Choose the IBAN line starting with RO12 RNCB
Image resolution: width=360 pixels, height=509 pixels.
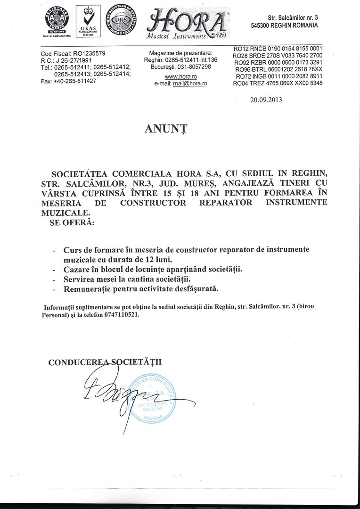(278, 49)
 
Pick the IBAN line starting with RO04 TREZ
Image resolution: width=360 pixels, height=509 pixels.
(278, 83)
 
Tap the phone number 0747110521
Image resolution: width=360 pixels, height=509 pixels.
(120, 316)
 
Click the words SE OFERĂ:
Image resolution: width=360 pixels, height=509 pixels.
(72, 222)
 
